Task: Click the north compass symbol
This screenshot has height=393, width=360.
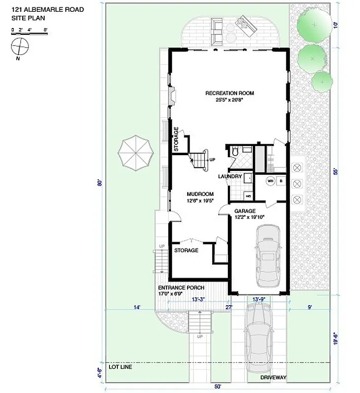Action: click(20, 47)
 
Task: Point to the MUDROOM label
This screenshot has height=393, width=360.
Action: click(200, 194)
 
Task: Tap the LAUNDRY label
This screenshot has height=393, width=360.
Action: click(229, 176)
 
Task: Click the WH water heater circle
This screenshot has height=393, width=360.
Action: click(270, 181)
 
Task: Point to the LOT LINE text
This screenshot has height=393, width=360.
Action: click(120, 366)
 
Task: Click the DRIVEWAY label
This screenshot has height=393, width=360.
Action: click(274, 377)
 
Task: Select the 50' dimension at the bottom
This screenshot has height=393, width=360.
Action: click(217, 386)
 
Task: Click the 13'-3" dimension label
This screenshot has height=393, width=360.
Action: click(198, 299)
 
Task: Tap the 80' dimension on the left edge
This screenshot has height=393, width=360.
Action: click(100, 184)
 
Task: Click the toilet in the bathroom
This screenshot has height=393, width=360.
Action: click(235, 152)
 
